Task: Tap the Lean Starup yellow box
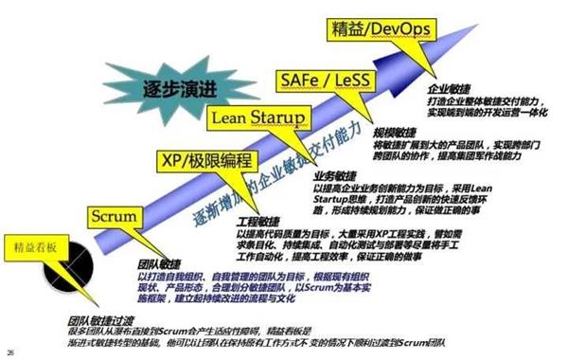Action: click(257, 117)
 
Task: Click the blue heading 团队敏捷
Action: click(157, 264)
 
